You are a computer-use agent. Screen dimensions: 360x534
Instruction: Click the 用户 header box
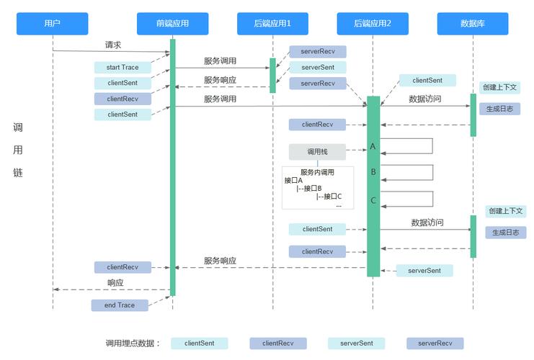coord(52,24)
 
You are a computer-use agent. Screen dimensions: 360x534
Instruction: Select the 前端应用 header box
coord(172,24)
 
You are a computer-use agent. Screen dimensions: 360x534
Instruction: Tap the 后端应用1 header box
coord(273,24)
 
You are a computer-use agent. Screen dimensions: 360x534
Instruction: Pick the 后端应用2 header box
coord(373,24)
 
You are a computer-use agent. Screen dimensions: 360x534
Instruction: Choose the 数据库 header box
coord(473,24)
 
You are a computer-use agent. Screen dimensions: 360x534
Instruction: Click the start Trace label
coord(123,68)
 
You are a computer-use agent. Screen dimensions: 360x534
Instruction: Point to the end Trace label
coord(120,305)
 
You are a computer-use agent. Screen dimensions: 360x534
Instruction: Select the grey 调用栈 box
coord(317,152)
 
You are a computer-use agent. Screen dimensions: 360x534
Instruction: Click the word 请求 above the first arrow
coord(113,45)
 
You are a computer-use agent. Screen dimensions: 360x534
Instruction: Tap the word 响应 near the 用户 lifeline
coord(115,283)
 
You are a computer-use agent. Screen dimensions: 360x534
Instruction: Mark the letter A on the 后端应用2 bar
coord(373,146)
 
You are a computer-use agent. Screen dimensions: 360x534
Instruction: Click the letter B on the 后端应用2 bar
coord(373,173)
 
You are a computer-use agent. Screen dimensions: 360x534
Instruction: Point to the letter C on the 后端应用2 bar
coord(373,200)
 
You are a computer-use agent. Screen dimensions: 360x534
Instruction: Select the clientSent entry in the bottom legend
coord(199,343)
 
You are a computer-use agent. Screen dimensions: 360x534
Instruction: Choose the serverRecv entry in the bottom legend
coord(435,343)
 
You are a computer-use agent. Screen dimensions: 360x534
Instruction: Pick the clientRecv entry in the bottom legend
coord(277,343)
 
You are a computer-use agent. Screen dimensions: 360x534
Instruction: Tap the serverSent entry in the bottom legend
coord(356,343)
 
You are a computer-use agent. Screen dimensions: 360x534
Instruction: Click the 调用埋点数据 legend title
coord(133,343)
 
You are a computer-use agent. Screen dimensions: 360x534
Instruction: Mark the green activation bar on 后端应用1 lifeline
coord(273,76)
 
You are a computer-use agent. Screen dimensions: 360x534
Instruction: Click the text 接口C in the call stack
coord(332,197)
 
